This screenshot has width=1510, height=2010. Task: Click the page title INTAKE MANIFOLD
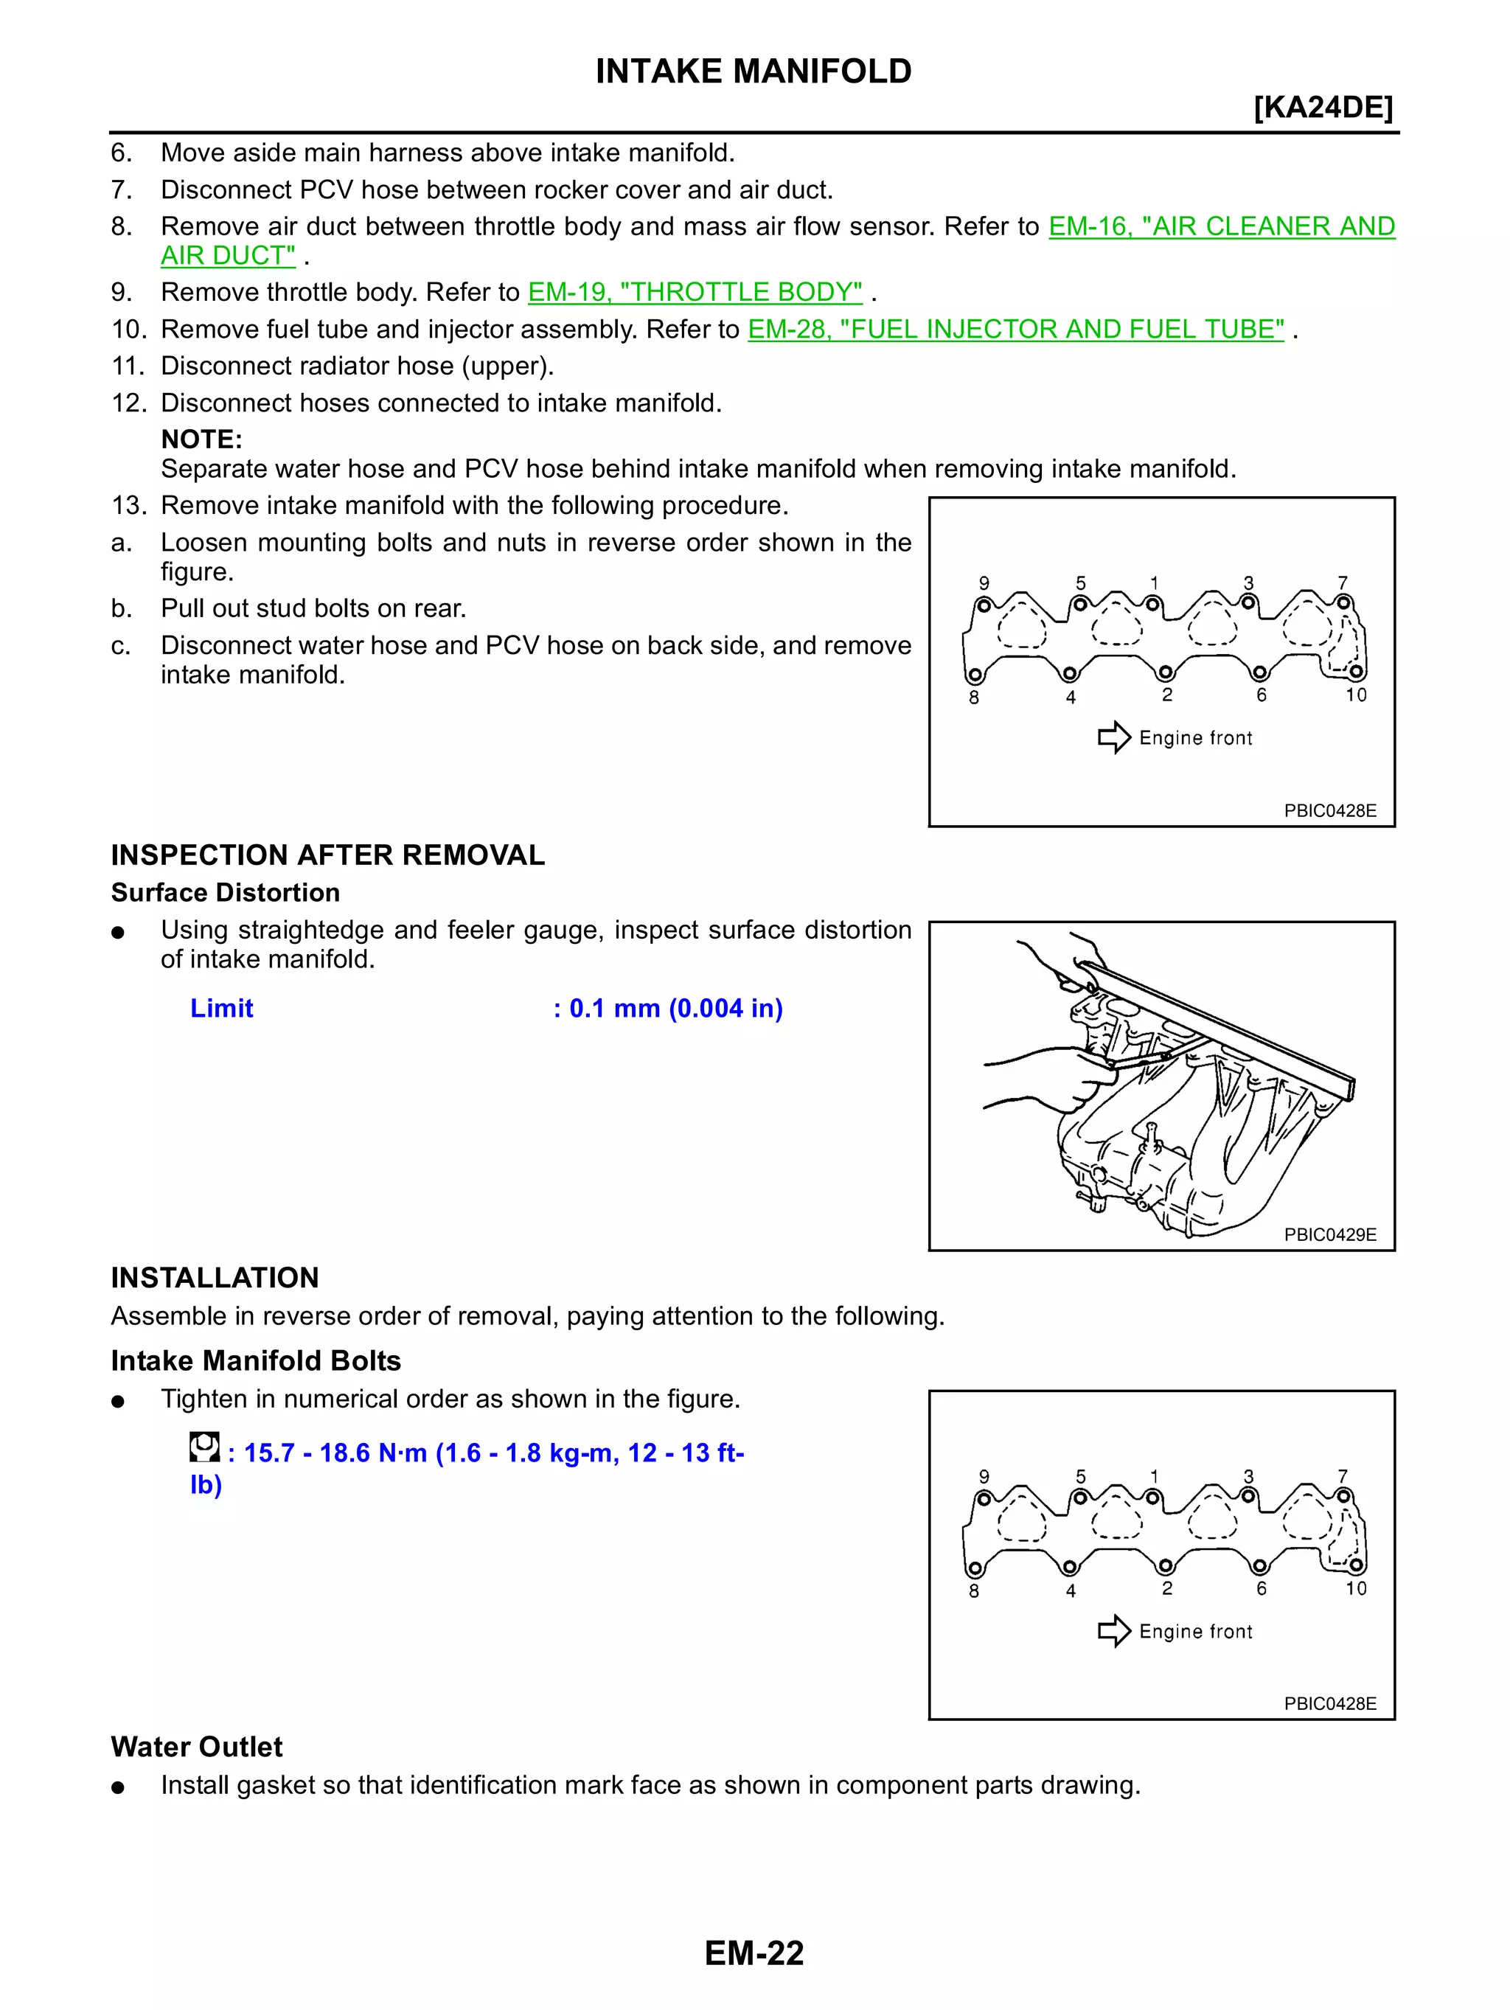pos(754,71)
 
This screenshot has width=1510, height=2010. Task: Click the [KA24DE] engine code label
pos(1322,107)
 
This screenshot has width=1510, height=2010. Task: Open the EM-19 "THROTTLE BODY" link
pos(695,292)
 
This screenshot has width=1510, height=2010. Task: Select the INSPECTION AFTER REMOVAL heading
pos(327,855)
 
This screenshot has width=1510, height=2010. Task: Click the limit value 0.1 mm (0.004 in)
pos(675,1008)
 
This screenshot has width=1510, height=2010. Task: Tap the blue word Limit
pos(222,1008)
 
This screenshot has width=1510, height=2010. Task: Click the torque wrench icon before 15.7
pos(204,1447)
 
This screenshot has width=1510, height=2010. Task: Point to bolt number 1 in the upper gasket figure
pos(1153,603)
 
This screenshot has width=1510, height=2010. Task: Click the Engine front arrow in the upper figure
pos(1114,737)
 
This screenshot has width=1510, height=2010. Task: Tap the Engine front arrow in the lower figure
pos(1114,1631)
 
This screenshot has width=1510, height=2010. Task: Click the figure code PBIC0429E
pos(1329,1234)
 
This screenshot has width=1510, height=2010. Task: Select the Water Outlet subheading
pos(196,1747)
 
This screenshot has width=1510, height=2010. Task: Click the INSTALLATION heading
pos(215,1278)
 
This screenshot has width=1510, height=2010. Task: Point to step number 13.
pos(128,505)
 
